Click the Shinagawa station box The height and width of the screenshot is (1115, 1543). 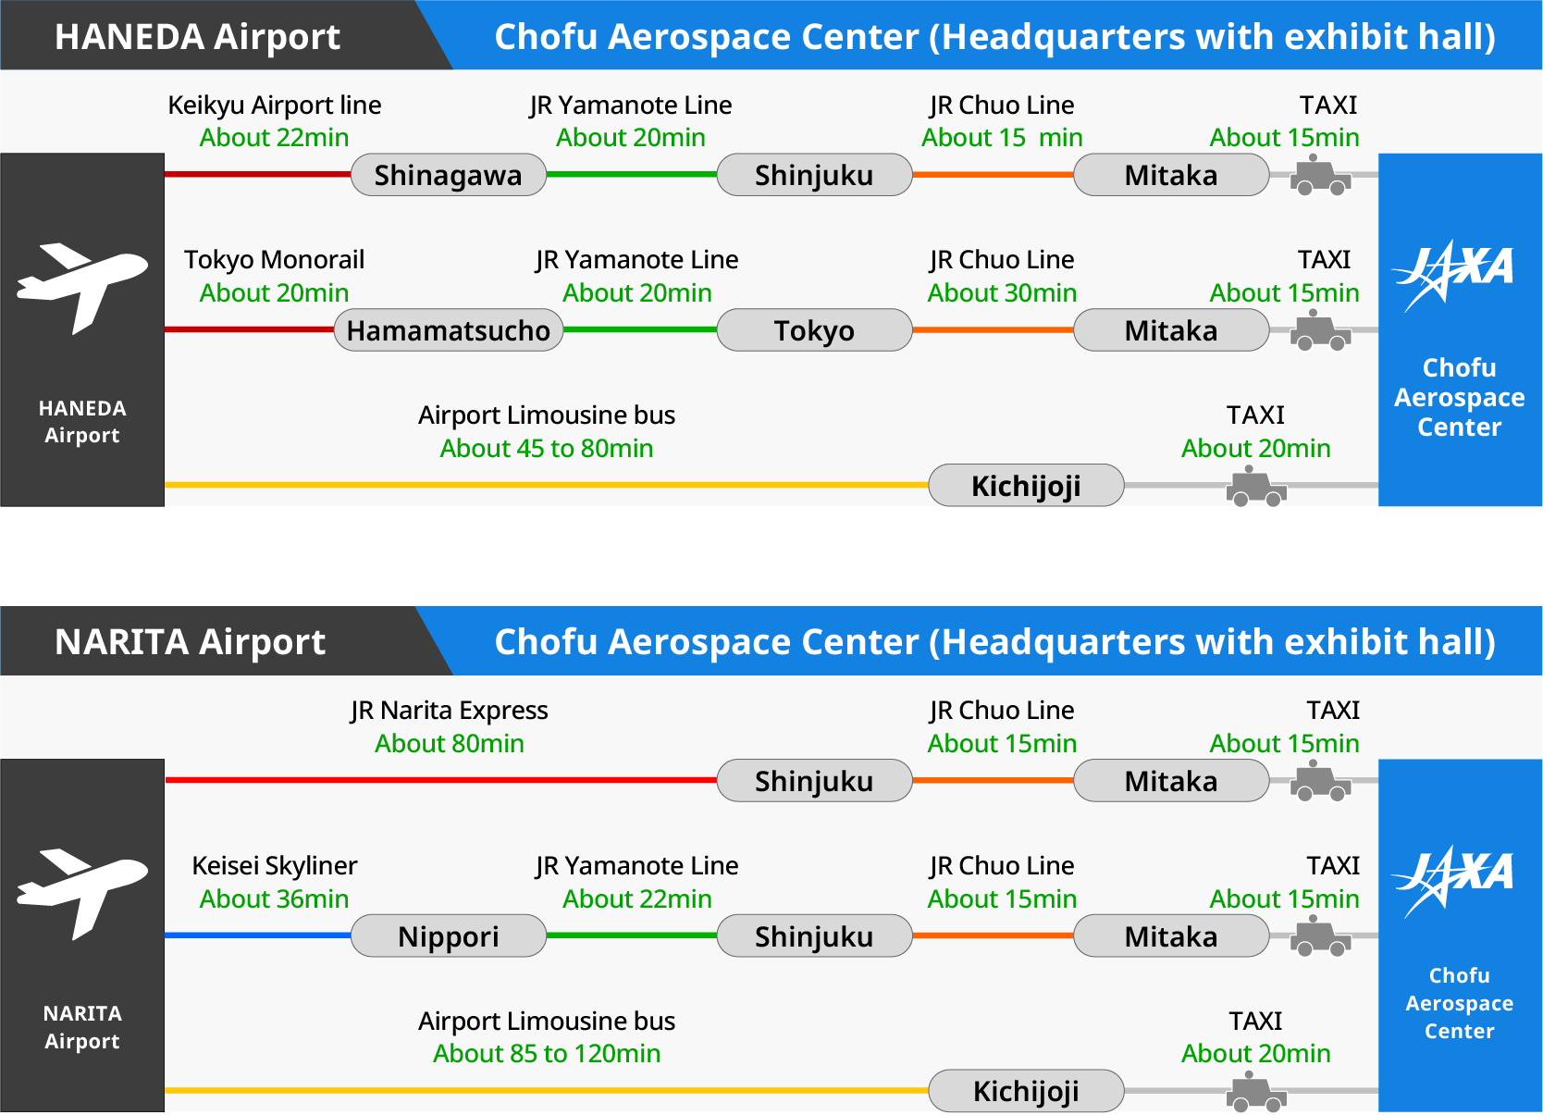[x=449, y=175]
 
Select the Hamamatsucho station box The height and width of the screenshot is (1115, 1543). [x=449, y=330]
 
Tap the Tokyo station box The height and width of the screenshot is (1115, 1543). [x=814, y=330]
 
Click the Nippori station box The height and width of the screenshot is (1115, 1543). [x=449, y=935]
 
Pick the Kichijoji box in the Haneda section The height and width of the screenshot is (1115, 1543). [x=1027, y=485]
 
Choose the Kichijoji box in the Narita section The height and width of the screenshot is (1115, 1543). [x=1027, y=1091]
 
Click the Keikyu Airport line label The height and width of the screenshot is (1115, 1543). [x=274, y=105]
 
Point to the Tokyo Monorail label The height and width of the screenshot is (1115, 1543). [x=274, y=260]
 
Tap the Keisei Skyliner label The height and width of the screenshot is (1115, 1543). [x=274, y=865]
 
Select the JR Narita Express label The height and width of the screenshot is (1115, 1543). [x=450, y=711]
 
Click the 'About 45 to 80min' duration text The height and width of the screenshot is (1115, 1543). [x=547, y=449]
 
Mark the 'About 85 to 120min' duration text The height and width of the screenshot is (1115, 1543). [x=547, y=1054]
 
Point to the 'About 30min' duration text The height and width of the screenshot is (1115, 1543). [x=1002, y=293]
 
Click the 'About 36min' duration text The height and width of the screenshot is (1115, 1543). [x=274, y=898]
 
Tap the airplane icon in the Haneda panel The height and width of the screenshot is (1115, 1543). [x=82, y=288]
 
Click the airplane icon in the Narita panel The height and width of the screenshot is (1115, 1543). [x=82, y=894]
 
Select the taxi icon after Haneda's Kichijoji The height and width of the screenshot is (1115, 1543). [x=1255, y=487]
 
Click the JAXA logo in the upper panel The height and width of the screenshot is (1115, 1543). [x=1452, y=275]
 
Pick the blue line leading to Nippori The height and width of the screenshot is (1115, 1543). [x=258, y=935]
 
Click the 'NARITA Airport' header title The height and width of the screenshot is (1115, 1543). [x=191, y=641]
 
